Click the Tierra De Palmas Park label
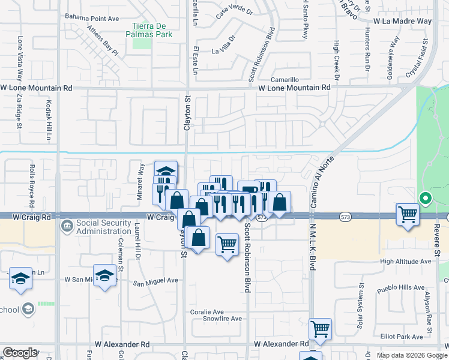click(x=152, y=30)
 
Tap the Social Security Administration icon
click(x=66, y=226)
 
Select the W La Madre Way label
click(x=402, y=21)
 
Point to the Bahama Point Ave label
click(x=92, y=18)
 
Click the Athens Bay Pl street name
click(x=103, y=40)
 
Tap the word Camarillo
click(x=285, y=79)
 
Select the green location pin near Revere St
click(x=425, y=197)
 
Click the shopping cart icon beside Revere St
click(x=408, y=214)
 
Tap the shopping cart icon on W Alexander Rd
click(x=320, y=328)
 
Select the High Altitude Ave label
click(x=406, y=262)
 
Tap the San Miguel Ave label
click(x=155, y=280)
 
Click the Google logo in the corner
click(x=20, y=353)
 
